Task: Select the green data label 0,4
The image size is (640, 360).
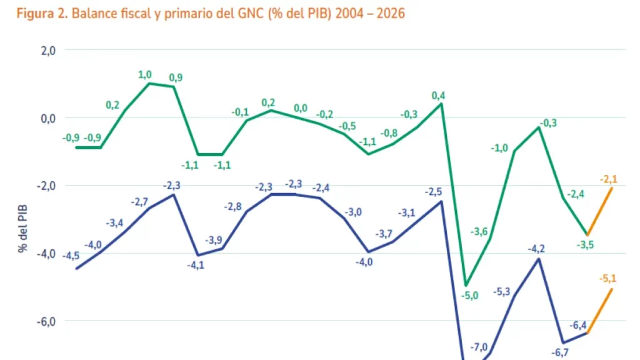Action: [439, 96]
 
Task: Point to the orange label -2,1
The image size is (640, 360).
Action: [608, 179]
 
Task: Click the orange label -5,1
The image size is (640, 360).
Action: [608, 279]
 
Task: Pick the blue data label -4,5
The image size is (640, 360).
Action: [71, 255]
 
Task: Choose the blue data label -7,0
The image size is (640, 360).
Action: [479, 347]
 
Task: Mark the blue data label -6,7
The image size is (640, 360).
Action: [560, 352]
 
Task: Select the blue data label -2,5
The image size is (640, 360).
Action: [433, 192]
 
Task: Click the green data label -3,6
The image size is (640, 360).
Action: [479, 232]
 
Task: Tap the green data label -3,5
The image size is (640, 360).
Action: [585, 244]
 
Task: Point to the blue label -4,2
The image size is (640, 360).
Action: [536, 249]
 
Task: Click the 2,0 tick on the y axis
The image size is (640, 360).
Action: [48, 51]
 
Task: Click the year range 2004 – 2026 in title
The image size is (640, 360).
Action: [370, 14]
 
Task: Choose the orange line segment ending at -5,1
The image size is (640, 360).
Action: [599, 311]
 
